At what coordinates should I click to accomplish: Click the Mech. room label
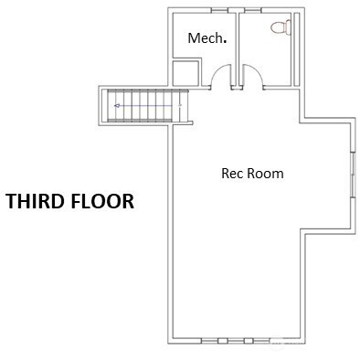coord(207,38)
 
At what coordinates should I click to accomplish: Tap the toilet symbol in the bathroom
coord(281,27)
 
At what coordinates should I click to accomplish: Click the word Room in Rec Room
coord(265,174)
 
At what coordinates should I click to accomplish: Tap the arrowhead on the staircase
coord(116,106)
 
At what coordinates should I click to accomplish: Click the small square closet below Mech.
coord(185,73)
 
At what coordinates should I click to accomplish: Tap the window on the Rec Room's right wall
coord(354,175)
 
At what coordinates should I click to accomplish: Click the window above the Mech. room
coord(219,10)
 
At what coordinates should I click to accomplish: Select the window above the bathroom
coord(252,10)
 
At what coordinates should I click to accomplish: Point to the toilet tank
coord(289,27)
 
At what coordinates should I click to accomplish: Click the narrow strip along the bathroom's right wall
coord(297,49)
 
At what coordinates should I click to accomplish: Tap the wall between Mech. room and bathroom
coord(238,48)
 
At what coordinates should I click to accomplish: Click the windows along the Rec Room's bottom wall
coord(235,341)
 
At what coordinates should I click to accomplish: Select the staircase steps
coord(147,106)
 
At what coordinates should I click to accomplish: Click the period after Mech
coord(225,41)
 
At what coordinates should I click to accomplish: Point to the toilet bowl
coord(278,27)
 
